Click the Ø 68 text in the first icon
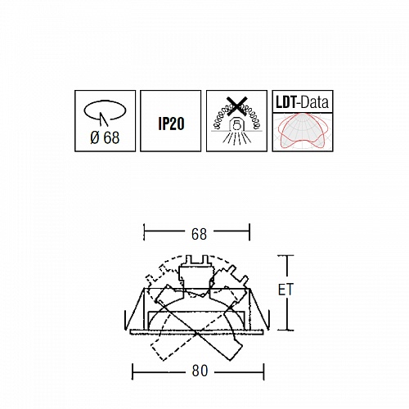click(x=105, y=137)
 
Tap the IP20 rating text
click(x=171, y=124)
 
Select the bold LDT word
click(x=285, y=102)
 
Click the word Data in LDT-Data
click(x=315, y=102)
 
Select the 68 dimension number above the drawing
click(x=199, y=234)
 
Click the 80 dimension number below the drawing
click(x=200, y=371)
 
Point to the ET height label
click(x=285, y=290)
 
